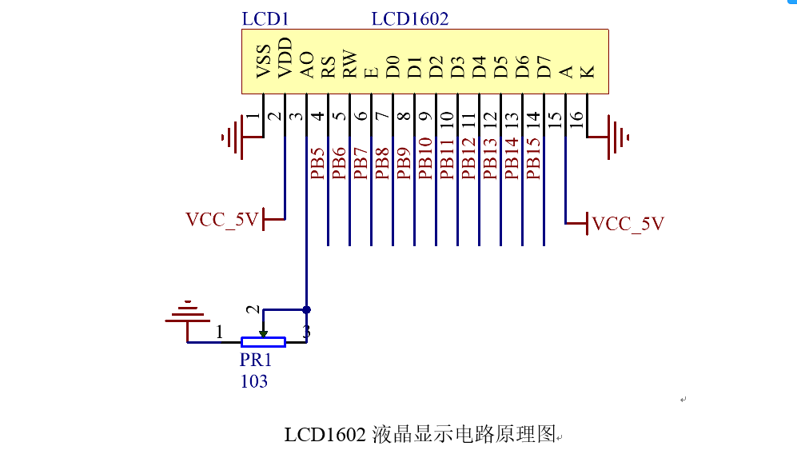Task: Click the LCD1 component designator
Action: point(265,19)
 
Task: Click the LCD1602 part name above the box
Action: point(410,19)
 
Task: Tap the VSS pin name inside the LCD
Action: point(263,62)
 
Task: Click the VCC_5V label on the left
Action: point(222,220)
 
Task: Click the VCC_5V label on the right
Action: point(628,224)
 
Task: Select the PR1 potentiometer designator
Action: point(261,362)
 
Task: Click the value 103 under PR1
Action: point(254,382)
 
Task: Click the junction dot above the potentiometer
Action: point(307,309)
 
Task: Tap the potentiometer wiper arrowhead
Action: point(263,333)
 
